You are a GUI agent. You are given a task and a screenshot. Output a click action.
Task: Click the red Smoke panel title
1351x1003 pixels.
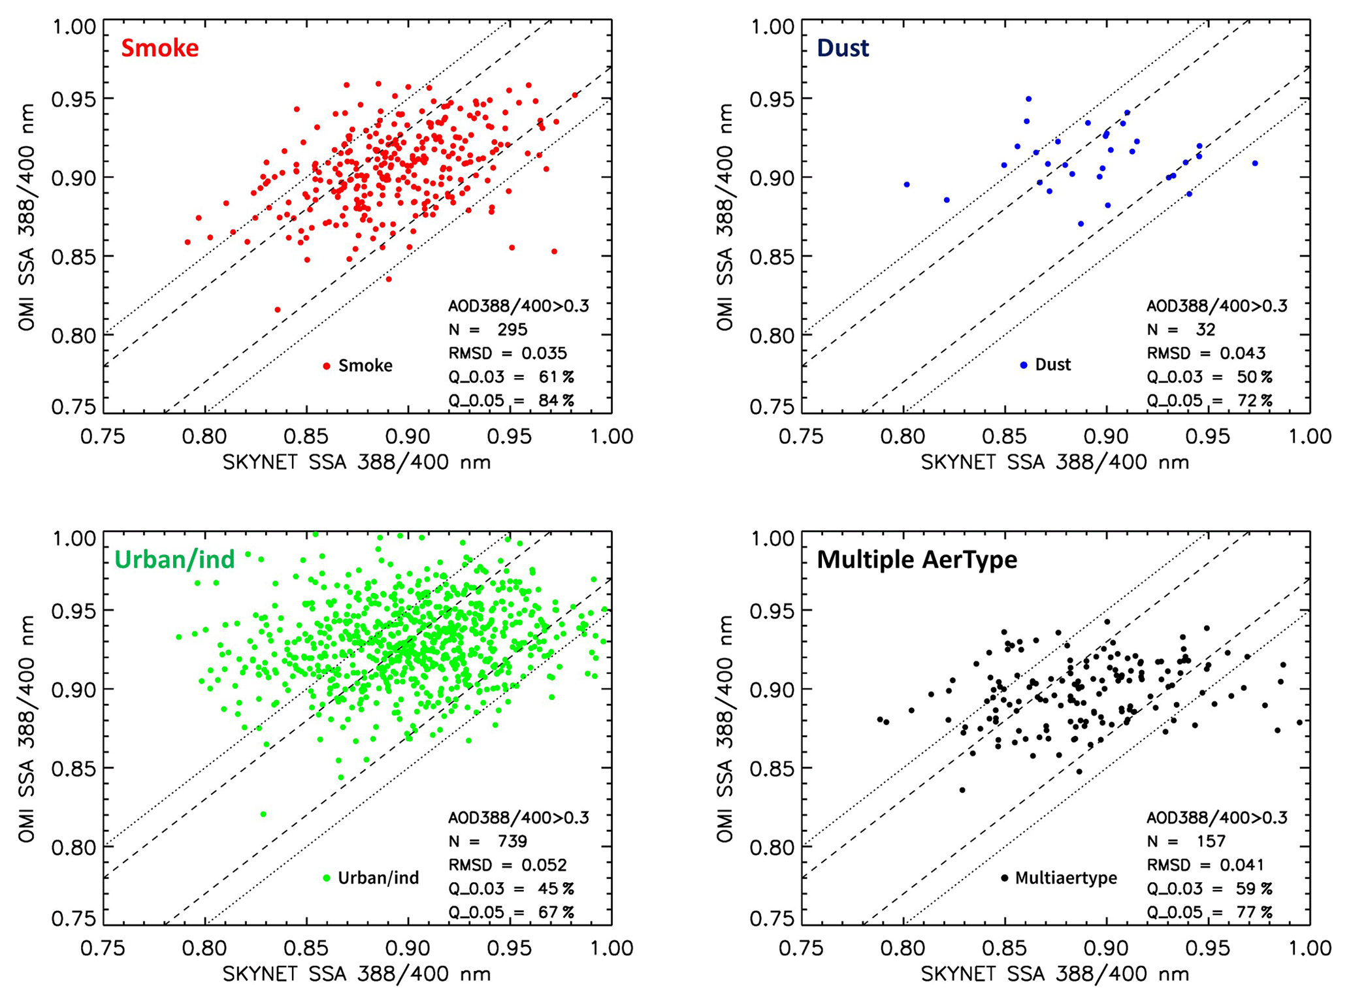[159, 48]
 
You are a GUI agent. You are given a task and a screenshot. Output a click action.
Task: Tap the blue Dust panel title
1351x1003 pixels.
[843, 48]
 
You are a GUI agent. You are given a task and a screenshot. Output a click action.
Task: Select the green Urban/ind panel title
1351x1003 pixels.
[174, 560]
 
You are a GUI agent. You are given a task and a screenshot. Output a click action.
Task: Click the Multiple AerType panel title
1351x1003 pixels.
[917, 560]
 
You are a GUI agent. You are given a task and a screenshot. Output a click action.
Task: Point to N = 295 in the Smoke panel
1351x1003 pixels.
[487, 329]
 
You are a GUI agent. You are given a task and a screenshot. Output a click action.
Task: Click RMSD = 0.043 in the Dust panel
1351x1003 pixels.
[1206, 353]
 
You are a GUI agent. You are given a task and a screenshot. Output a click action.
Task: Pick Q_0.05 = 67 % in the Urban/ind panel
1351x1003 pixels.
[511, 912]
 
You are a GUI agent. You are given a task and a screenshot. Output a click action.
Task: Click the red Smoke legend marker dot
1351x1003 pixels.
[327, 366]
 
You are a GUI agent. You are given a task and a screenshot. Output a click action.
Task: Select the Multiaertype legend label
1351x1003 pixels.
[1066, 878]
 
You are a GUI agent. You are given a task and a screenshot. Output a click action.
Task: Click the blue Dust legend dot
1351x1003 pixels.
[1024, 365]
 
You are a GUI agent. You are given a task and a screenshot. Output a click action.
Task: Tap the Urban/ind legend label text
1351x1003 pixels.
[378, 878]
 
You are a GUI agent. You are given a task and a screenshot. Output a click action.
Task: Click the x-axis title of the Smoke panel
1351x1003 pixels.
[357, 462]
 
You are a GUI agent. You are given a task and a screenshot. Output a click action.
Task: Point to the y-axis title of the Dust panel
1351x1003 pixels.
[724, 217]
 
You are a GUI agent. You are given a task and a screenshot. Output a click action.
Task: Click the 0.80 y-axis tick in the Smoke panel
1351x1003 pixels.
[74, 336]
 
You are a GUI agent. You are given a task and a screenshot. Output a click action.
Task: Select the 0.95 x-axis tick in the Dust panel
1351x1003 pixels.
[1208, 436]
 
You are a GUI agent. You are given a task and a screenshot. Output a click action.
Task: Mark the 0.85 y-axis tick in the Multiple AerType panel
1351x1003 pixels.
[772, 769]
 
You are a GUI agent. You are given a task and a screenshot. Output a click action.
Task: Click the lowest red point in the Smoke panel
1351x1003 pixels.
[278, 310]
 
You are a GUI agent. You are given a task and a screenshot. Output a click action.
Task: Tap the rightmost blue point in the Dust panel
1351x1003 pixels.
[1255, 163]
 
